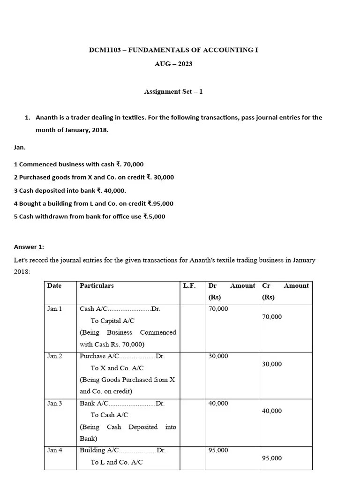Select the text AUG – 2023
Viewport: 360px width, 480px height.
pos(173,64)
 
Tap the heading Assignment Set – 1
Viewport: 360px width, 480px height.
pos(173,91)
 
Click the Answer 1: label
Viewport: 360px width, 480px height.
pos(29,247)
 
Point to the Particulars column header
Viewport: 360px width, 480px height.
pos(97,285)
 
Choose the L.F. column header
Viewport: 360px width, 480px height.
pos(189,285)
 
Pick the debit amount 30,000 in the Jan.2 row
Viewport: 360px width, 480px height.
pos(218,356)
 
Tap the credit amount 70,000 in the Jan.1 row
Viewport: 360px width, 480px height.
pos(272,317)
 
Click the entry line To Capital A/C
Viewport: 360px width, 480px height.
pos(112,321)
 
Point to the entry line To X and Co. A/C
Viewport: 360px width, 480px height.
pos(117,368)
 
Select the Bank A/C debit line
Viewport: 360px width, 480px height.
pos(122,403)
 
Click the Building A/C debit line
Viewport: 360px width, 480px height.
pos(123,450)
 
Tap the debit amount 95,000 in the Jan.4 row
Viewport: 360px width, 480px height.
pos(218,450)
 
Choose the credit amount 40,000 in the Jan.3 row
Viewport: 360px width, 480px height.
pos(272,411)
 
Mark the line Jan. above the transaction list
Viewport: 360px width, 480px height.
pos(20,147)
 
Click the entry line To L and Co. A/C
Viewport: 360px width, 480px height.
pos(117,462)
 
